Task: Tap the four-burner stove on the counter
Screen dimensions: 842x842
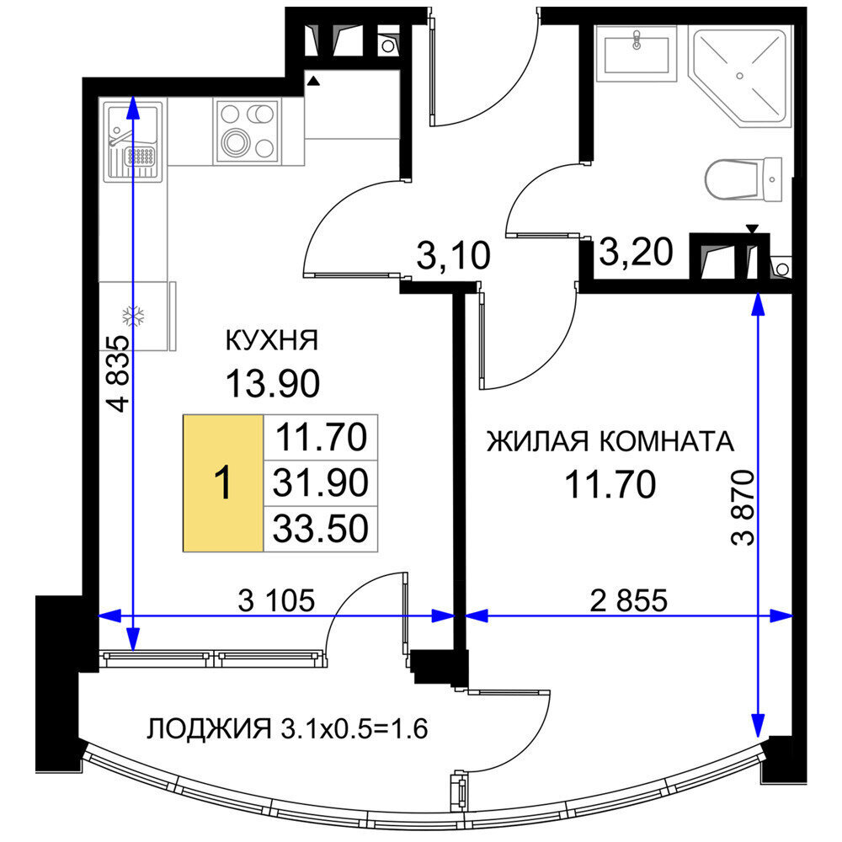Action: pos(247,131)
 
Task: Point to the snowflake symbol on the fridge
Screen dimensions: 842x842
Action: pos(133,317)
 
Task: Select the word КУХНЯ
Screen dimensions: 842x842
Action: pos(272,340)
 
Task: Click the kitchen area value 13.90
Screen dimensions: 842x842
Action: pos(273,383)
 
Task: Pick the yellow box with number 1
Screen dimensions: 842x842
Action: pos(223,482)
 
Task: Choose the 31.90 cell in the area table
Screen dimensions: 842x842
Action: pos(321,482)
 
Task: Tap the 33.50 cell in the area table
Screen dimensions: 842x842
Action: pos(321,529)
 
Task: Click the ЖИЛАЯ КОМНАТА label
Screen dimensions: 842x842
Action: pos(610,441)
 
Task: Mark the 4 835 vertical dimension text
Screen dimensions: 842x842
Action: pos(118,373)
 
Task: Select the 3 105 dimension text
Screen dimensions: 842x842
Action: pos(276,600)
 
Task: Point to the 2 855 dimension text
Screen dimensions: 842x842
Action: pos(629,600)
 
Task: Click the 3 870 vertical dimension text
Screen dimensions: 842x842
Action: pos(743,508)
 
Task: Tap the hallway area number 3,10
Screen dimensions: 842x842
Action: pos(454,256)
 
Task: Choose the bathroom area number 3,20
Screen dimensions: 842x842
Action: pos(637,252)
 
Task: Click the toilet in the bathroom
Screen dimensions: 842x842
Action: pos(743,180)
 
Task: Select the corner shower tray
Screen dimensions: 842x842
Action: pos(740,77)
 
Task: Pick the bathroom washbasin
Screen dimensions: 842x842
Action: pos(637,54)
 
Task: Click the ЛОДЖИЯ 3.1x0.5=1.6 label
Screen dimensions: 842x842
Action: pos(287,728)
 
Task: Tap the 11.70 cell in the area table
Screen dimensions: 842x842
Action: pos(321,437)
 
